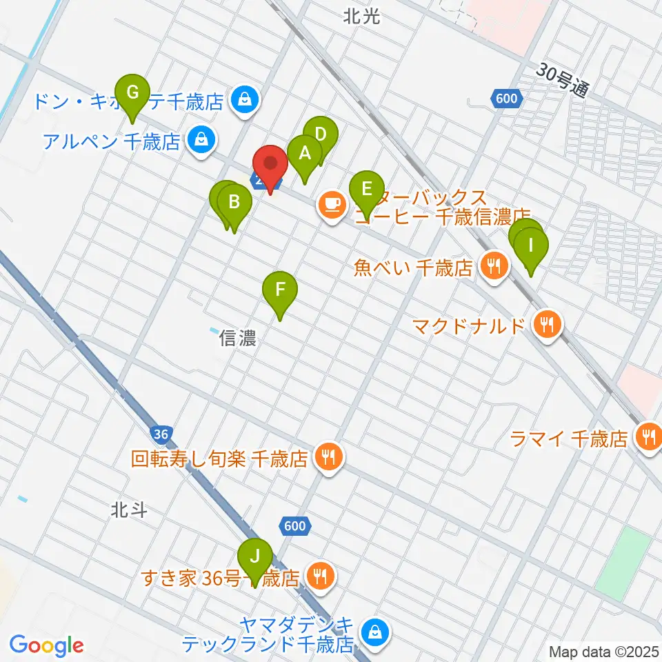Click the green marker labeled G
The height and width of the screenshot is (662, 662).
tap(134, 92)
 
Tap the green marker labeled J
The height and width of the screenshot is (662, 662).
tap(255, 556)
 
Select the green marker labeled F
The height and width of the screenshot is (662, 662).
tap(280, 290)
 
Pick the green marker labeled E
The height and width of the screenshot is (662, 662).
tap(366, 189)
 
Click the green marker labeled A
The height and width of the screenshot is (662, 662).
tap(303, 154)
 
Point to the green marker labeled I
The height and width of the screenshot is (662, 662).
tap(530, 245)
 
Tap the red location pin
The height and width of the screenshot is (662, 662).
tap(270, 165)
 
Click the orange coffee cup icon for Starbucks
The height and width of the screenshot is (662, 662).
tap(332, 205)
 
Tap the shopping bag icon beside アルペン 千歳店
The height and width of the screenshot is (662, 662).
tap(201, 141)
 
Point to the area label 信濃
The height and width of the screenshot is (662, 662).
tap(237, 339)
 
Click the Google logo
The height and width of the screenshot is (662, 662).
tap(46, 645)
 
